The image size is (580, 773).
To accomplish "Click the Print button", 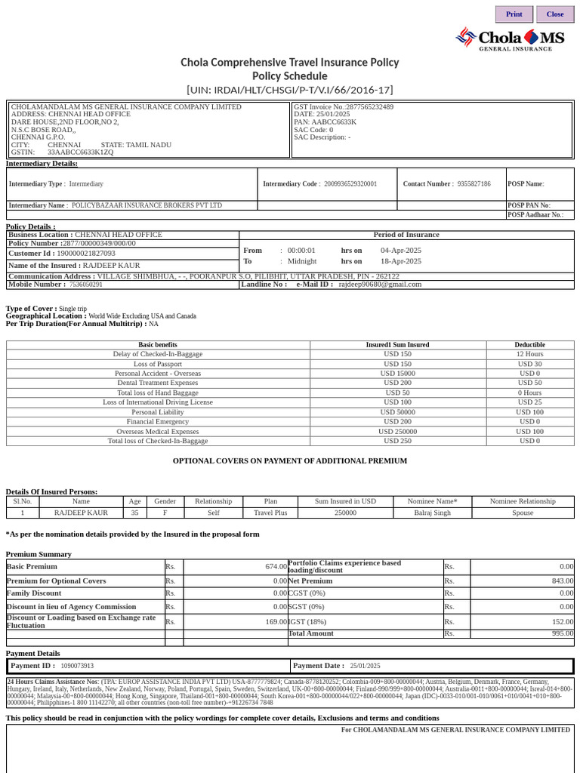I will click(x=514, y=14).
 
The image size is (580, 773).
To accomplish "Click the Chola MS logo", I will click(x=510, y=38).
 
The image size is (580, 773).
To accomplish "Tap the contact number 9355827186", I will click(x=474, y=184).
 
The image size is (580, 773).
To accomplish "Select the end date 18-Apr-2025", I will click(x=401, y=261).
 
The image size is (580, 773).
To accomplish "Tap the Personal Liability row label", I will click(x=158, y=412).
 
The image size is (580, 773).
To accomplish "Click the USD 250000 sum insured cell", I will click(x=397, y=432).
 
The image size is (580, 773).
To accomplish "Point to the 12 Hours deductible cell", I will click(x=529, y=354).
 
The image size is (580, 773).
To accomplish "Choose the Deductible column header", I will click(x=529, y=345).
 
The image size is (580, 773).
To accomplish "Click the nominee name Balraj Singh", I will click(x=433, y=513).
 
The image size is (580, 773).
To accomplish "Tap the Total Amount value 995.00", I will click(x=562, y=634).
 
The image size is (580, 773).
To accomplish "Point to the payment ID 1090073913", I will click(x=78, y=666).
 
